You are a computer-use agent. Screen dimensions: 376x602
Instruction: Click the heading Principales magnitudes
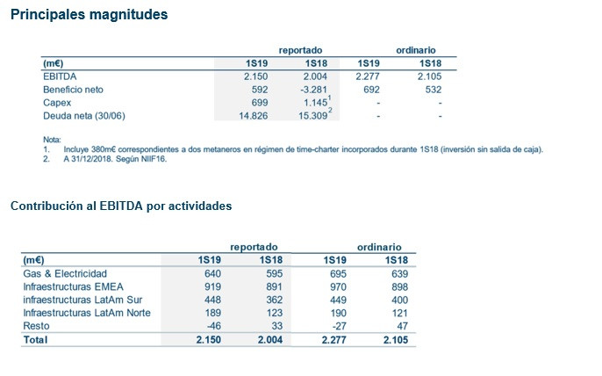click(x=90, y=16)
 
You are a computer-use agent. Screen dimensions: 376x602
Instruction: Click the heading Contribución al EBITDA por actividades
click(x=121, y=206)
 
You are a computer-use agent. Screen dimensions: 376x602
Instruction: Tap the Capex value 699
click(x=255, y=103)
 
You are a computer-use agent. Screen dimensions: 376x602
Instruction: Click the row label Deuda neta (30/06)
click(x=82, y=116)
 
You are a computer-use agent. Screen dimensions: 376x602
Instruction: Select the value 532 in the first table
click(x=431, y=90)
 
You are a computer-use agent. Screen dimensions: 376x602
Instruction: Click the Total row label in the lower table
click(x=35, y=338)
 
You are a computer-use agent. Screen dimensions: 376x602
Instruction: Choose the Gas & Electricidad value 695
click(x=341, y=274)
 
